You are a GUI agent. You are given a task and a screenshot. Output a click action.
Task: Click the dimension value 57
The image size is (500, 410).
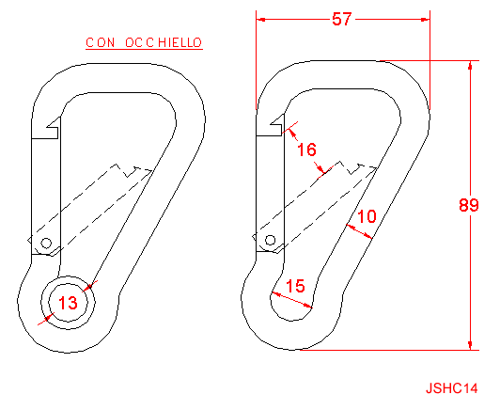pos(341,19)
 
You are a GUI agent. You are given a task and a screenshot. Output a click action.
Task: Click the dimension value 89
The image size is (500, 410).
pos(469,205)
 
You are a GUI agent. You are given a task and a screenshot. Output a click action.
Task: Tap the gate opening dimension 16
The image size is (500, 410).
pos(306,150)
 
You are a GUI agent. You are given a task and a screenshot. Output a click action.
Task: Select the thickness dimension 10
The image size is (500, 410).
pos(367,216)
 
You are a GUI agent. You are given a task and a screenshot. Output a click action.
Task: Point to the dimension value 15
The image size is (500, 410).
pos(295,286)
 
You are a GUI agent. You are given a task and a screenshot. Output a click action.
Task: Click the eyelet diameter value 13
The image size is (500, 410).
pos(68,303)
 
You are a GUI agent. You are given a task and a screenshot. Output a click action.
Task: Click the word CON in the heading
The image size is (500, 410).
pos(101,42)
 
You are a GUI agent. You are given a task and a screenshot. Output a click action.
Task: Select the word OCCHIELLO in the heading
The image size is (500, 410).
pos(164,42)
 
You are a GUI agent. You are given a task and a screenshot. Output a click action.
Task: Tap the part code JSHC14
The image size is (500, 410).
pos(451,388)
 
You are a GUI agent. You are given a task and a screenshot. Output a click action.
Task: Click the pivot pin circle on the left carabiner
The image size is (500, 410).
pos(46,244)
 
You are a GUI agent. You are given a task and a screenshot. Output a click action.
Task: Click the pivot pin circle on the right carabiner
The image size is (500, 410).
pos(270,240)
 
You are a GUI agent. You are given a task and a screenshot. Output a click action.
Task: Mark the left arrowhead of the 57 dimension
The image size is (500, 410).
pos(260,20)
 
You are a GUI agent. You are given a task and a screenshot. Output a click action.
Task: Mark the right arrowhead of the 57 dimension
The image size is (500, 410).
pos(426,20)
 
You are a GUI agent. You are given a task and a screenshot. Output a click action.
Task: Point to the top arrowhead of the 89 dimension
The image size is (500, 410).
pos(470,65)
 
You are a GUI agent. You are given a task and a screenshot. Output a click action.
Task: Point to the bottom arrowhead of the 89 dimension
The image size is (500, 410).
pos(470,345)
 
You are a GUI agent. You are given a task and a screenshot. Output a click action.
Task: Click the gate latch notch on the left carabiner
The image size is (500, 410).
pos(53,128)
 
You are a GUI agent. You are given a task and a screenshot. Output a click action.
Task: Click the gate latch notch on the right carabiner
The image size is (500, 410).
pos(277,125)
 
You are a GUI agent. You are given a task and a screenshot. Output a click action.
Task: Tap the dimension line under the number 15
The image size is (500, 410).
pos(291,300)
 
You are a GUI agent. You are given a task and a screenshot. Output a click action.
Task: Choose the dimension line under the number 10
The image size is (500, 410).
pos(359,231)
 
